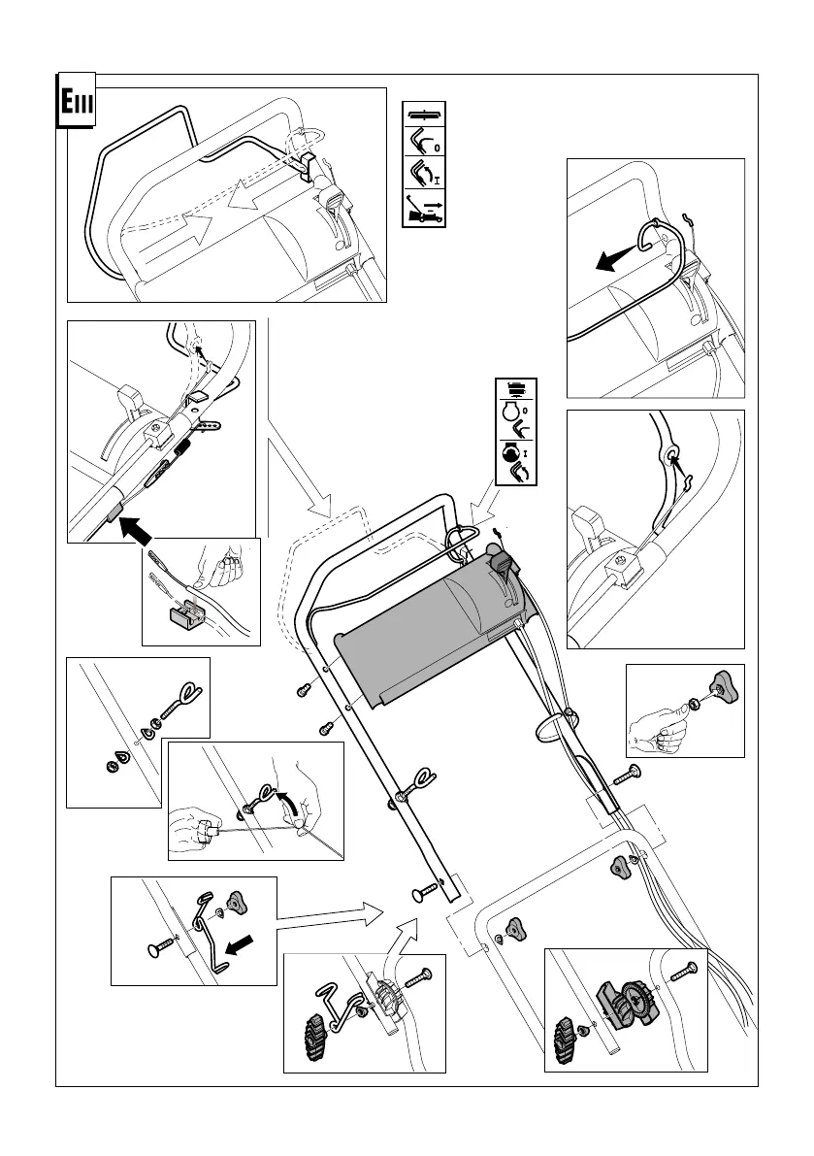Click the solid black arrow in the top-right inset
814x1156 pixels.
(x=613, y=258)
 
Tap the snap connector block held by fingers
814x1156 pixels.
(x=182, y=613)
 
